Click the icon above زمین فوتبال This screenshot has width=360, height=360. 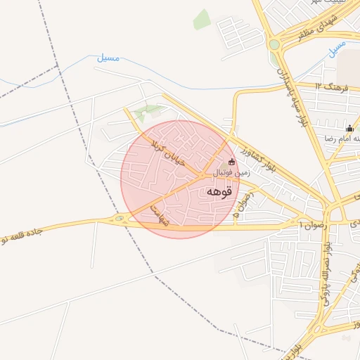232,162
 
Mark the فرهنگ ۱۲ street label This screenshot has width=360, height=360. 333,87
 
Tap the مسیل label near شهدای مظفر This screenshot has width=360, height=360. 337,49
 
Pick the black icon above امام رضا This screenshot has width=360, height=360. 349,128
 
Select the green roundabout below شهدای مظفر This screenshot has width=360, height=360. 274,45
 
